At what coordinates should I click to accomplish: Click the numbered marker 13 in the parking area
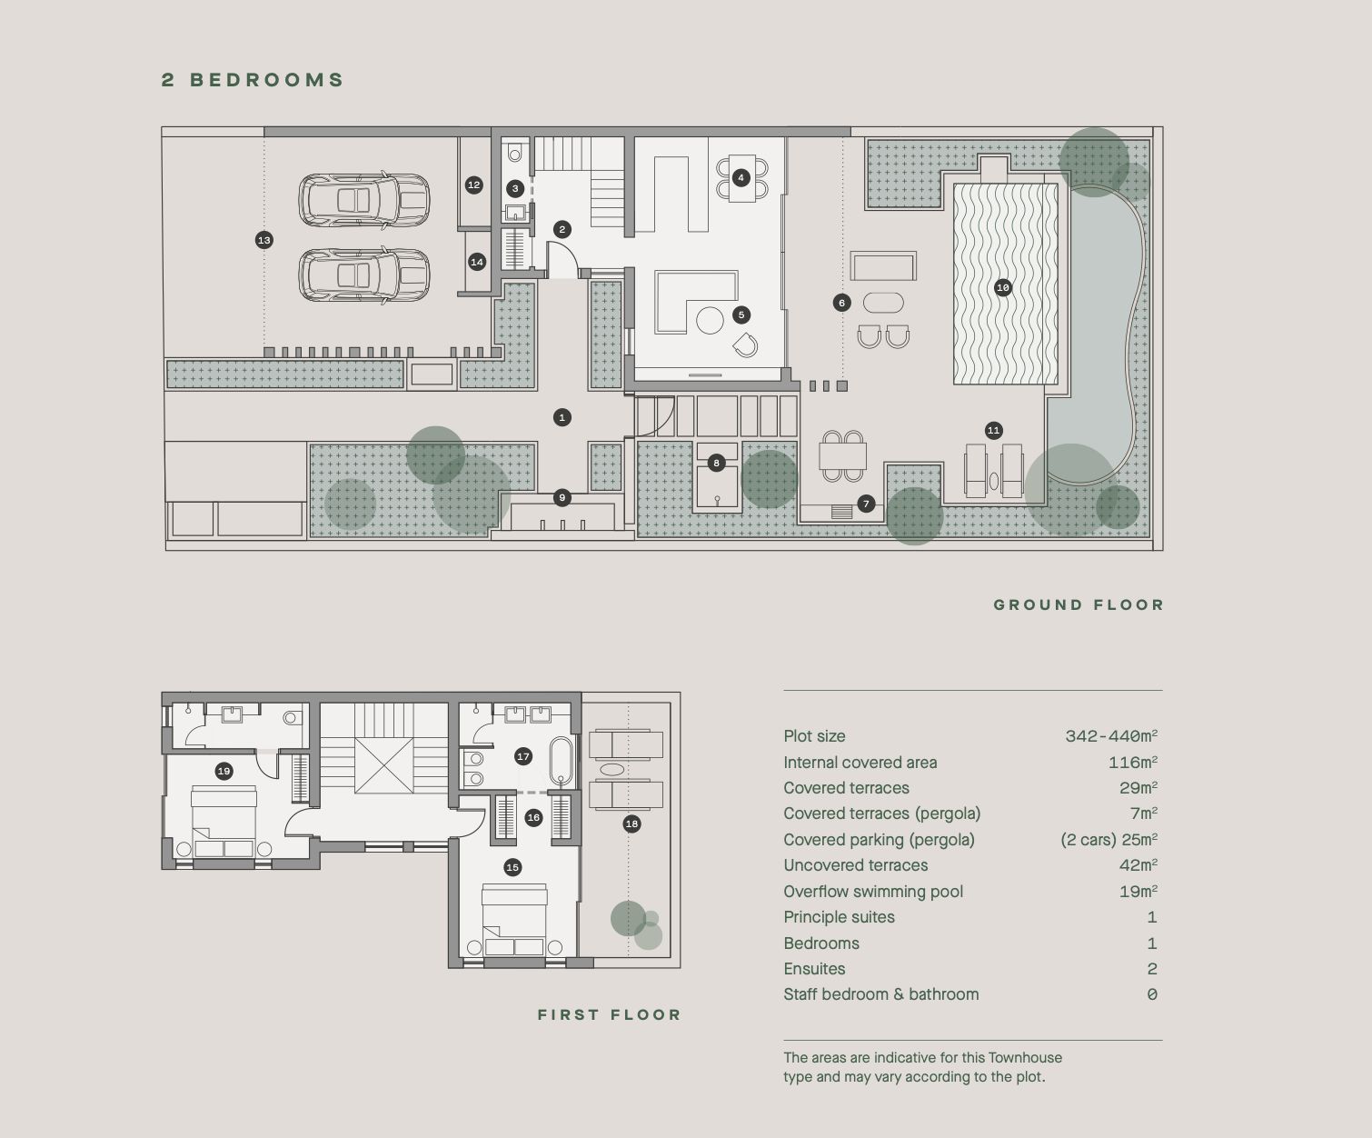click(x=264, y=240)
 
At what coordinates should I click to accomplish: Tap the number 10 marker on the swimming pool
click(x=1003, y=287)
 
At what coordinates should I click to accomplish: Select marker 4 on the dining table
click(x=741, y=177)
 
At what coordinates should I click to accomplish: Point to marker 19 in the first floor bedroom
click(x=224, y=771)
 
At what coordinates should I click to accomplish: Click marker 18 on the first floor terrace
click(x=631, y=824)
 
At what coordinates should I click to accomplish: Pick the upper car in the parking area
click(x=364, y=201)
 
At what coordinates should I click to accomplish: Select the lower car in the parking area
click(x=364, y=275)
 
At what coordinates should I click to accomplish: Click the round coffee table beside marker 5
click(x=710, y=320)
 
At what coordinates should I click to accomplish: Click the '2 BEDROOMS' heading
click(x=253, y=80)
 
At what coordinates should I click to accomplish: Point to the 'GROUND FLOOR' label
click(x=1079, y=604)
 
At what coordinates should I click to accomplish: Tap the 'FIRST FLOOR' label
click(x=609, y=1014)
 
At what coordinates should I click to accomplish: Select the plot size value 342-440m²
click(x=1111, y=735)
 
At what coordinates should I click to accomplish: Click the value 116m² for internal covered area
click(x=1133, y=762)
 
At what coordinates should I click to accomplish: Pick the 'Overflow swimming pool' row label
click(x=873, y=892)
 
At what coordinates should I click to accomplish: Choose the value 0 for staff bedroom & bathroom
click(x=1152, y=994)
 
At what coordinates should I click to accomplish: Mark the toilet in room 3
click(x=515, y=154)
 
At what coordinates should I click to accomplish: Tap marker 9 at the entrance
click(x=562, y=498)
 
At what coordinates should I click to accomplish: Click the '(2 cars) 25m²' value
click(x=1109, y=840)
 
